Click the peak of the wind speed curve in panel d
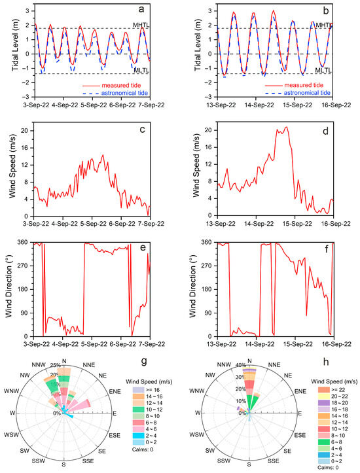pos(285,128)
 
